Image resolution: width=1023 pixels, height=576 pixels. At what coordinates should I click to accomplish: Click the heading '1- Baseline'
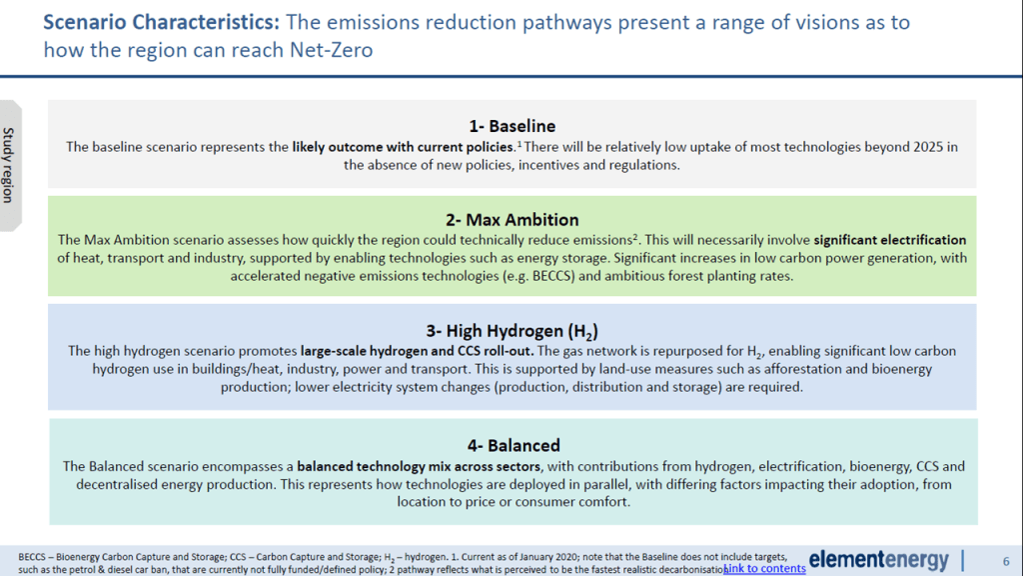point(512,126)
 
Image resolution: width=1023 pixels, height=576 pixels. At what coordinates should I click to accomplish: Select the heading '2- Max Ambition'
point(512,219)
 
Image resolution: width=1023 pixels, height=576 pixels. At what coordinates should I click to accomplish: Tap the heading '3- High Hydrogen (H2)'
point(512,331)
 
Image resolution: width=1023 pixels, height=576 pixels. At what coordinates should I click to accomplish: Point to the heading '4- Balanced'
point(513,445)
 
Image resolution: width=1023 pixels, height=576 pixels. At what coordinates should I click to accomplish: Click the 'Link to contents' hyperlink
point(764,568)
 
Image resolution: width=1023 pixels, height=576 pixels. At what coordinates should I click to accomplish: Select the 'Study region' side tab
point(9,165)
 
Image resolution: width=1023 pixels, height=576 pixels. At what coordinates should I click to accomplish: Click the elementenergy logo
point(879,560)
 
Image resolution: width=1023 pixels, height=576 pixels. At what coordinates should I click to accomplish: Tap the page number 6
point(1005,561)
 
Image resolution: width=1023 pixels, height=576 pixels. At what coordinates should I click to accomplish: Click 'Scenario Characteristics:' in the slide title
point(161,22)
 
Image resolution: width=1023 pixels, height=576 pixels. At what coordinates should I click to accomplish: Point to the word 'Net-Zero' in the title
point(332,50)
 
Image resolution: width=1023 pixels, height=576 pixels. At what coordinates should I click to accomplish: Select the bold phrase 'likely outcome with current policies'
point(403,147)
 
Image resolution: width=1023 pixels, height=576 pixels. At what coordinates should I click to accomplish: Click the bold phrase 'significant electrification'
point(890,240)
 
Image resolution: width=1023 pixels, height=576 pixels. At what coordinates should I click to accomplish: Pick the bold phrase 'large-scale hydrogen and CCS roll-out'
point(417,351)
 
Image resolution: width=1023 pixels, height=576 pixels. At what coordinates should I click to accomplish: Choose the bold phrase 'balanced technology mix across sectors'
point(419,466)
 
